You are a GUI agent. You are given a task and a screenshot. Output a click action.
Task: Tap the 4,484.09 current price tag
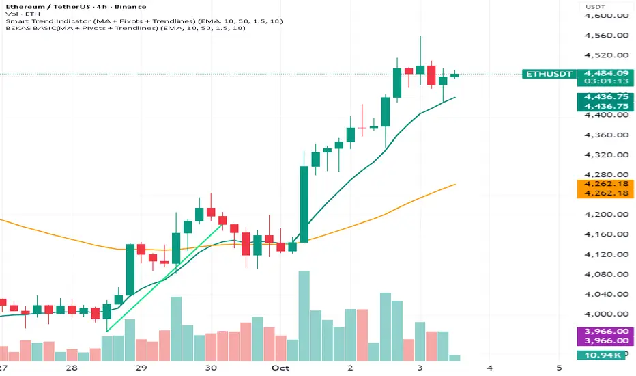(x=603, y=73)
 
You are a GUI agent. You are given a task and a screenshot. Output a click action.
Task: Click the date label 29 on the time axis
(x=141, y=368)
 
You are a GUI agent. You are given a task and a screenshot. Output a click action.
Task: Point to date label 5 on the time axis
(x=559, y=368)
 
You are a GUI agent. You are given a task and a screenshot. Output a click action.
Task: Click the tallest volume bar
(x=304, y=315)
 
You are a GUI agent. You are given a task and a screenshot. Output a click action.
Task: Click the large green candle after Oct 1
(x=304, y=204)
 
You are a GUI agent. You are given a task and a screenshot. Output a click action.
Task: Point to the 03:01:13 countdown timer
(x=603, y=81)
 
